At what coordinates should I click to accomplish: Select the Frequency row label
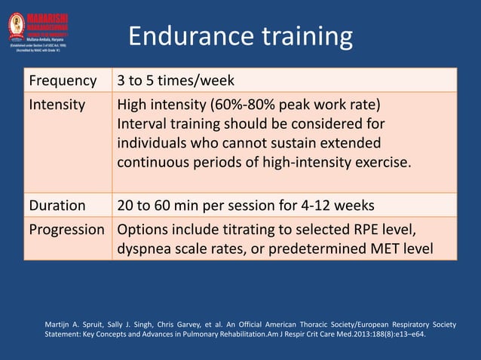point(63,80)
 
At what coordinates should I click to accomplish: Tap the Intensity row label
point(57,105)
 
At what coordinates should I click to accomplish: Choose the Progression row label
point(66,229)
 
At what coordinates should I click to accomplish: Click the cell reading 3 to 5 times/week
point(176,80)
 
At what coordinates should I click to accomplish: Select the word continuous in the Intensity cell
point(155,162)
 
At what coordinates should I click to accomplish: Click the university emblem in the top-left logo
point(17,25)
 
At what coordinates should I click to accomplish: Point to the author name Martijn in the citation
point(60,325)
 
